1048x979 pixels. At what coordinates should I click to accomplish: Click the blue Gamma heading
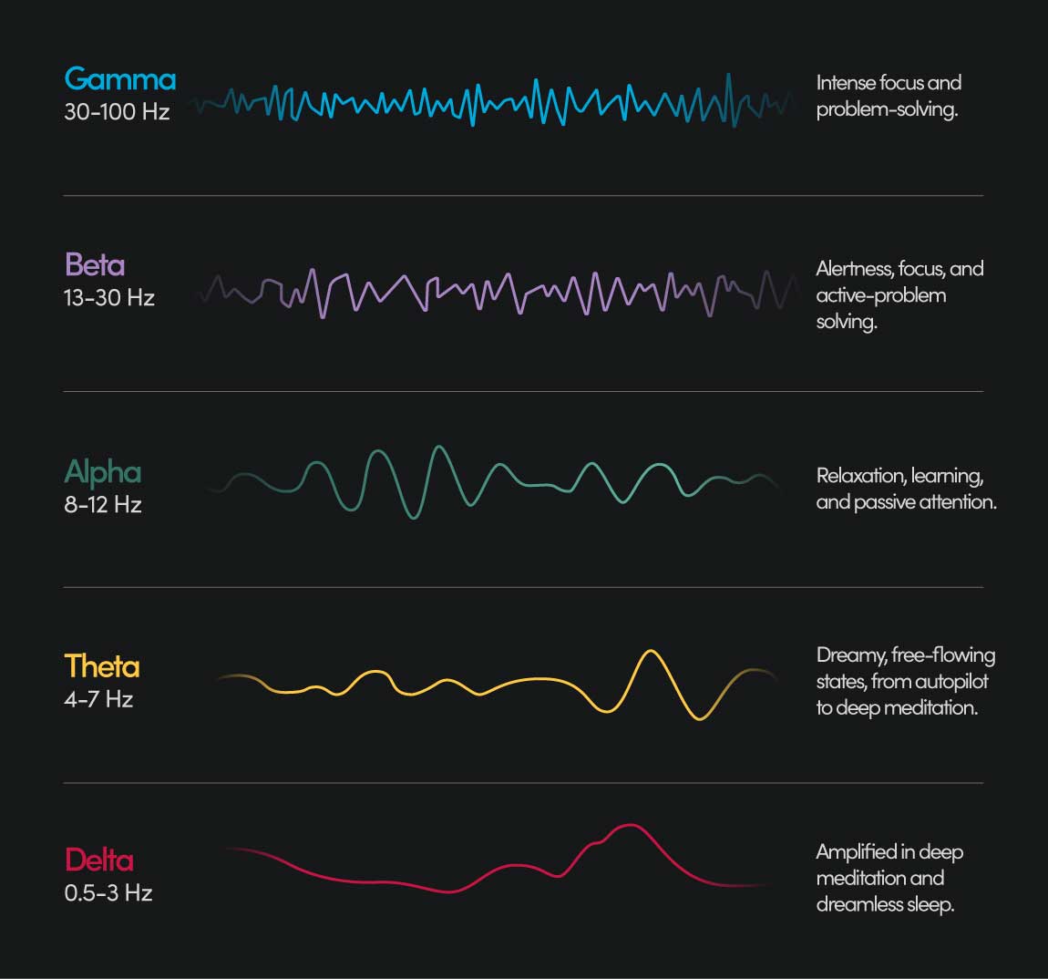[119, 80]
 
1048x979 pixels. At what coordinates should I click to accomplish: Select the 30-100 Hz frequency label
[117, 112]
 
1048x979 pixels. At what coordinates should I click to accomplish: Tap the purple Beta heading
[95, 265]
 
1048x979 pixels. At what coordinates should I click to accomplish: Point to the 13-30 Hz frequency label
[109, 298]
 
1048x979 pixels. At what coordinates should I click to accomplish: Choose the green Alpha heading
[103, 472]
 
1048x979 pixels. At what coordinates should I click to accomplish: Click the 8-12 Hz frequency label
[103, 505]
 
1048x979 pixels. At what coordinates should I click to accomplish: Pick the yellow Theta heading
[102, 666]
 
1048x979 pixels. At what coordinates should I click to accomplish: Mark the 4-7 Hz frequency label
[98, 699]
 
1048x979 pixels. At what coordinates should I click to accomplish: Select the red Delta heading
[99, 860]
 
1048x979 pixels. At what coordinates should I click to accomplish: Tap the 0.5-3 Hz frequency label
[108, 892]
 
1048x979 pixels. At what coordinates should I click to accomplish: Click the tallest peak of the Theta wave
[650, 652]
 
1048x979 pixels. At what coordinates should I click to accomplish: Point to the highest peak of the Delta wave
[629, 826]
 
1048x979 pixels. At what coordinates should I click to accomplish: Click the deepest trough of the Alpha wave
[413, 517]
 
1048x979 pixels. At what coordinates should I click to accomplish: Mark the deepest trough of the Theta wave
[699, 718]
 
